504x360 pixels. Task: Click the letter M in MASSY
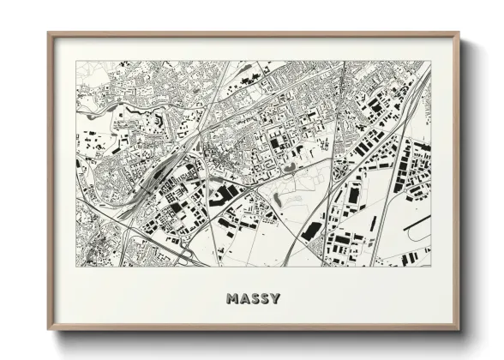(x=232, y=299)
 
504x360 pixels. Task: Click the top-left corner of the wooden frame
(x=48, y=33)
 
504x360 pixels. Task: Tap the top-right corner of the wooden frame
(x=459, y=33)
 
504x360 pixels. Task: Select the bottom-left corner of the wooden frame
(x=48, y=330)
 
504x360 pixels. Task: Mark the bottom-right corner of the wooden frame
(x=459, y=330)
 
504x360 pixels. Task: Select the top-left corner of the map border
(x=75, y=61)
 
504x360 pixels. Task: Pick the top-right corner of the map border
(x=431, y=61)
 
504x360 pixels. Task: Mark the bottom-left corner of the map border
(x=75, y=267)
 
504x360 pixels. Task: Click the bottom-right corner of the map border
(x=431, y=267)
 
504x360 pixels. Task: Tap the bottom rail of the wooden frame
(x=253, y=328)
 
